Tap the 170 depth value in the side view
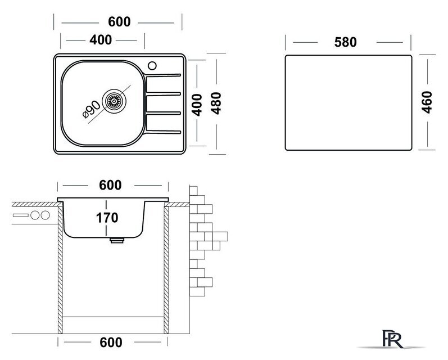[107, 218]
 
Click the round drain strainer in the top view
[115, 102]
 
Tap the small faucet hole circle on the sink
[152, 65]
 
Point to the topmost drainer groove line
[164, 75]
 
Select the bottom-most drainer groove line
[164, 133]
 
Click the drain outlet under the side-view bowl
[116, 240]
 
